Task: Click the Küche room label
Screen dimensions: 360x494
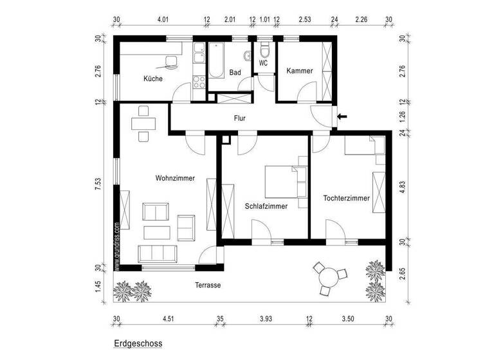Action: pyautogui.click(x=153, y=78)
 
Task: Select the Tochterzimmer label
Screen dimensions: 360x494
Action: pyautogui.click(x=346, y=198)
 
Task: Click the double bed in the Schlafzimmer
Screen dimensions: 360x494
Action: pyautogui.click(x=283, y=181)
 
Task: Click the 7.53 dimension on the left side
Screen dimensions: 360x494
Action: pyautogui.click(x=98, y=184)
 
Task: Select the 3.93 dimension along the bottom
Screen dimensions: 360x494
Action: pyautogui.click(x=266, y=318)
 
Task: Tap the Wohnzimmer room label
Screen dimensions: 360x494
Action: pyautogui.click(x=174, y=178)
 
